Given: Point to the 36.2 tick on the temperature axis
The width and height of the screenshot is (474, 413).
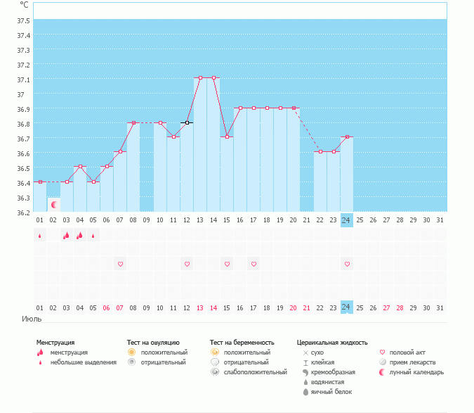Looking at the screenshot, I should pyautogui.click(x=24, y=212).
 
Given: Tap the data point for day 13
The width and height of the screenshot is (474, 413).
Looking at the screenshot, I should pyautogui.click(x=200, y=78).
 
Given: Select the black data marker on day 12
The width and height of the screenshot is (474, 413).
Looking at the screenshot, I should pyautogui.click(x=187, y=122).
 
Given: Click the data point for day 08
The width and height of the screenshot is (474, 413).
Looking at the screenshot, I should pyautogui.click(x=133, y=122).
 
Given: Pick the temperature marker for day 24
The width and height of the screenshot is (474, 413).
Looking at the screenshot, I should pyautogui.click(x=346, y=137).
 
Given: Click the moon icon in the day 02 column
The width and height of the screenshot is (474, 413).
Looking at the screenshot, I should pyautogui.click(x=53, y=204).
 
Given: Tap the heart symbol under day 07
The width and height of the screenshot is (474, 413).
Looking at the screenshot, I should pyautogui.click(x=120, y=264).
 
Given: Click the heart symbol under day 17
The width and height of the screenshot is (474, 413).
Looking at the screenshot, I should pyautogui.click(x=254, y=264).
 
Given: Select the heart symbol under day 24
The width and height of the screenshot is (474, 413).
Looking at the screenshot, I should pyautogui.click(x=346, y=264).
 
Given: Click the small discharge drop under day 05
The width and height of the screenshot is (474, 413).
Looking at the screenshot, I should pyautogui.click(x=93, y=236).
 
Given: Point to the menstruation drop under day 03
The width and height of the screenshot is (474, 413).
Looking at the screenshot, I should pyautogui.click(x=66, y=236).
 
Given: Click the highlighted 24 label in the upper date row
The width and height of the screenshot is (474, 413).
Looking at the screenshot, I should pyautogui.click(x=346, y=220).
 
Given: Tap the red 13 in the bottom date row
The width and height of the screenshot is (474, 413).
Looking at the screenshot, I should pyautogui.click(x=200, y=307).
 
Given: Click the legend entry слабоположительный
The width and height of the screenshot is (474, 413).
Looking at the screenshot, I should pyautogui.click(x=256, y=371).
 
